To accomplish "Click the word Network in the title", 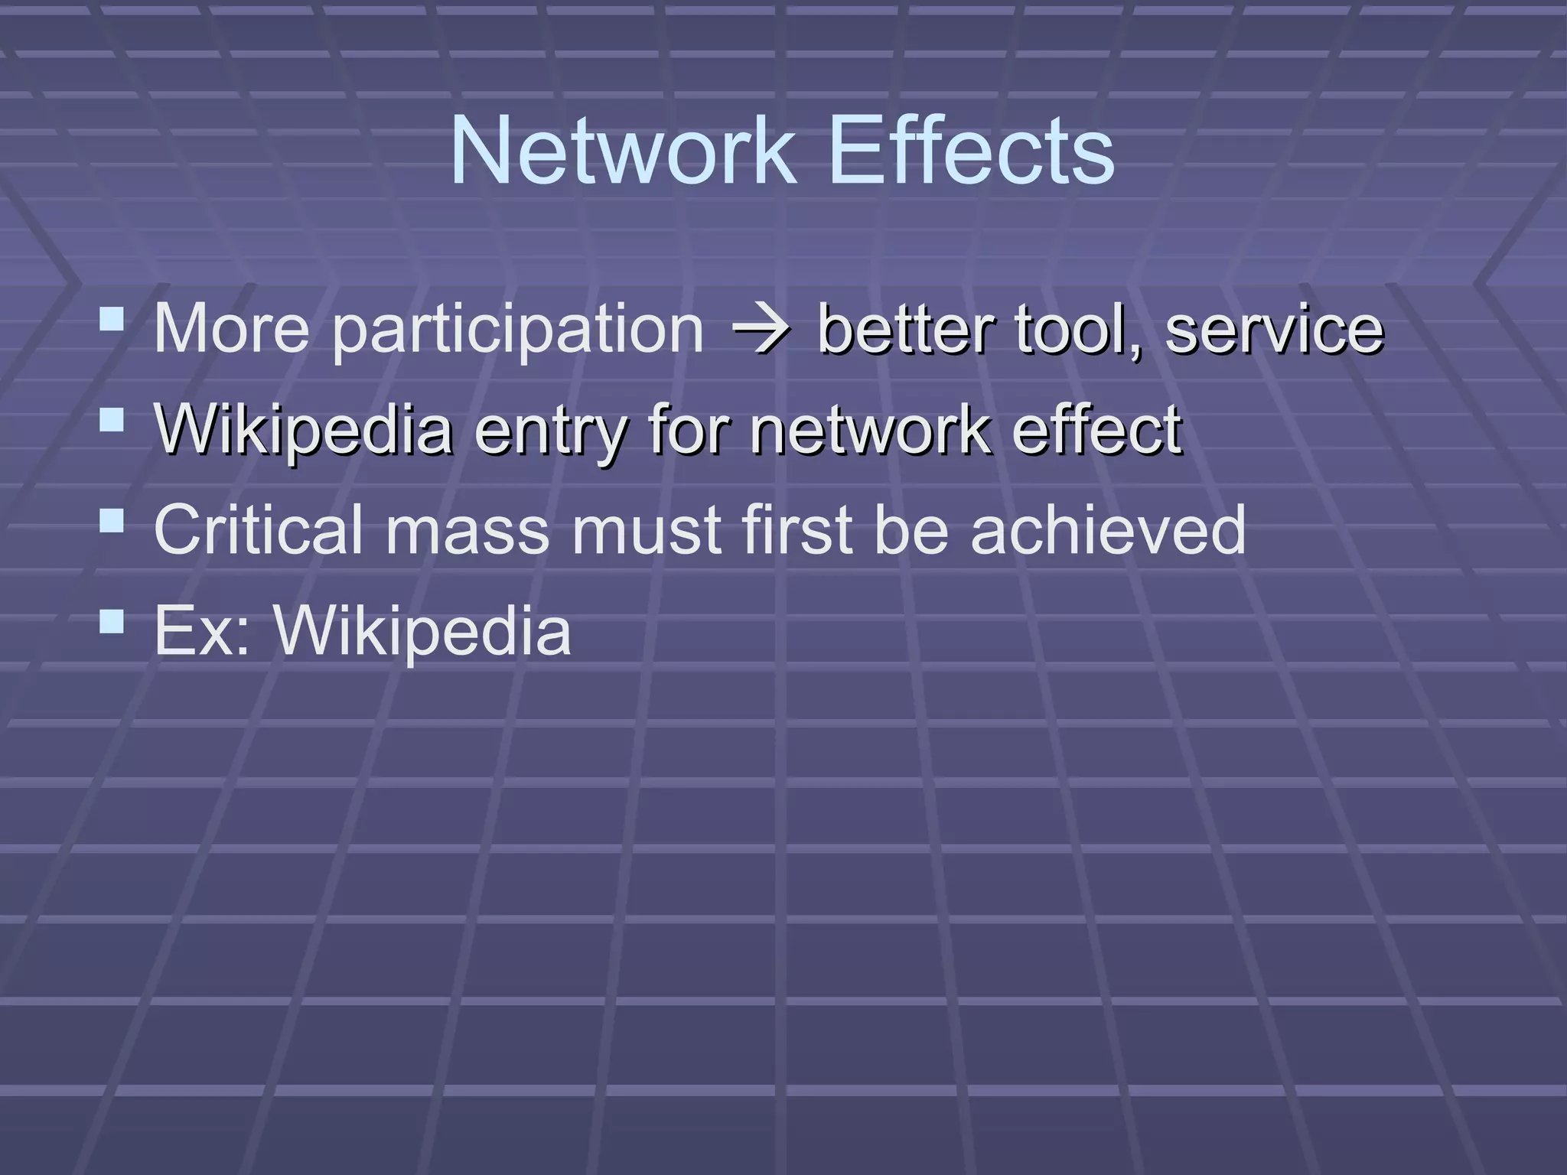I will [621, 151].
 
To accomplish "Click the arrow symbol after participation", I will [760, 330].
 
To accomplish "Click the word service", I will [1274, 328].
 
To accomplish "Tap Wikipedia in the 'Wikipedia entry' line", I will [303, 430].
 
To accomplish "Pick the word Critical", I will [259, 529].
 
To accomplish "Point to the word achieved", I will [1108, 529].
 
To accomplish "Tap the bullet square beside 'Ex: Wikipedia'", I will [112, 621].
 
